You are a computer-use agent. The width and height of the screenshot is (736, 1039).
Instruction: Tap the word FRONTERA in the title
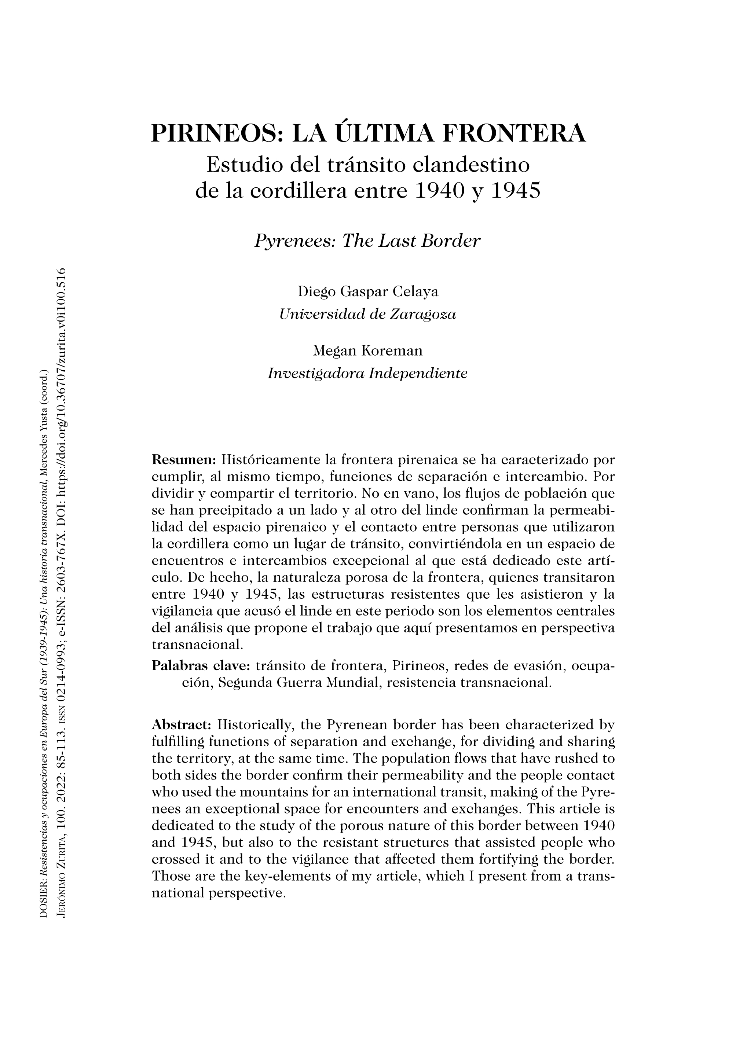[513, 134]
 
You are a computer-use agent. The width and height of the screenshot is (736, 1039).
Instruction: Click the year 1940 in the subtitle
[440, 191]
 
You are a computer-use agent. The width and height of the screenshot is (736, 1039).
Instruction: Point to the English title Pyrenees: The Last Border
[367, 241]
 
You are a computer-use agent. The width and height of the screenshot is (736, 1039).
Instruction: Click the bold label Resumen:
[184, 460]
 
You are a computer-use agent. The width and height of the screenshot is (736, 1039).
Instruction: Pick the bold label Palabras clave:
[201, 666]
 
